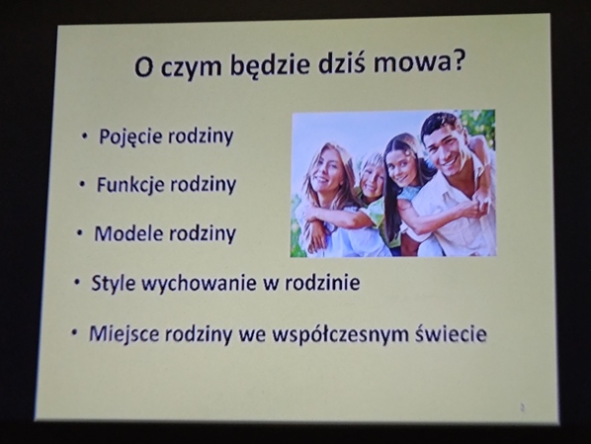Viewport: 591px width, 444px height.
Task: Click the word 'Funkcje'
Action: click(x=131, y=185)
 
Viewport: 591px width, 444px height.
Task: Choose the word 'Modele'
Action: click(x=128, y=233)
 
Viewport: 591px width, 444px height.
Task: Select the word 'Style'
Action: click(x=113, y=283)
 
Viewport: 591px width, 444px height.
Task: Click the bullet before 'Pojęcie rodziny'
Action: click(x=85, y=136)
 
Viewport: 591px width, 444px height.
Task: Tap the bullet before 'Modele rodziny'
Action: click(x=79, y=234)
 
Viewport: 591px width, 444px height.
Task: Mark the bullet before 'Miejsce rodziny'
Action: click(x=75, y=333)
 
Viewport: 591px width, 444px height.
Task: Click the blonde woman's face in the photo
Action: click(x=325, y=171)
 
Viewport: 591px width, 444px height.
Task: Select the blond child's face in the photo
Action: click(x=372, y=178)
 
